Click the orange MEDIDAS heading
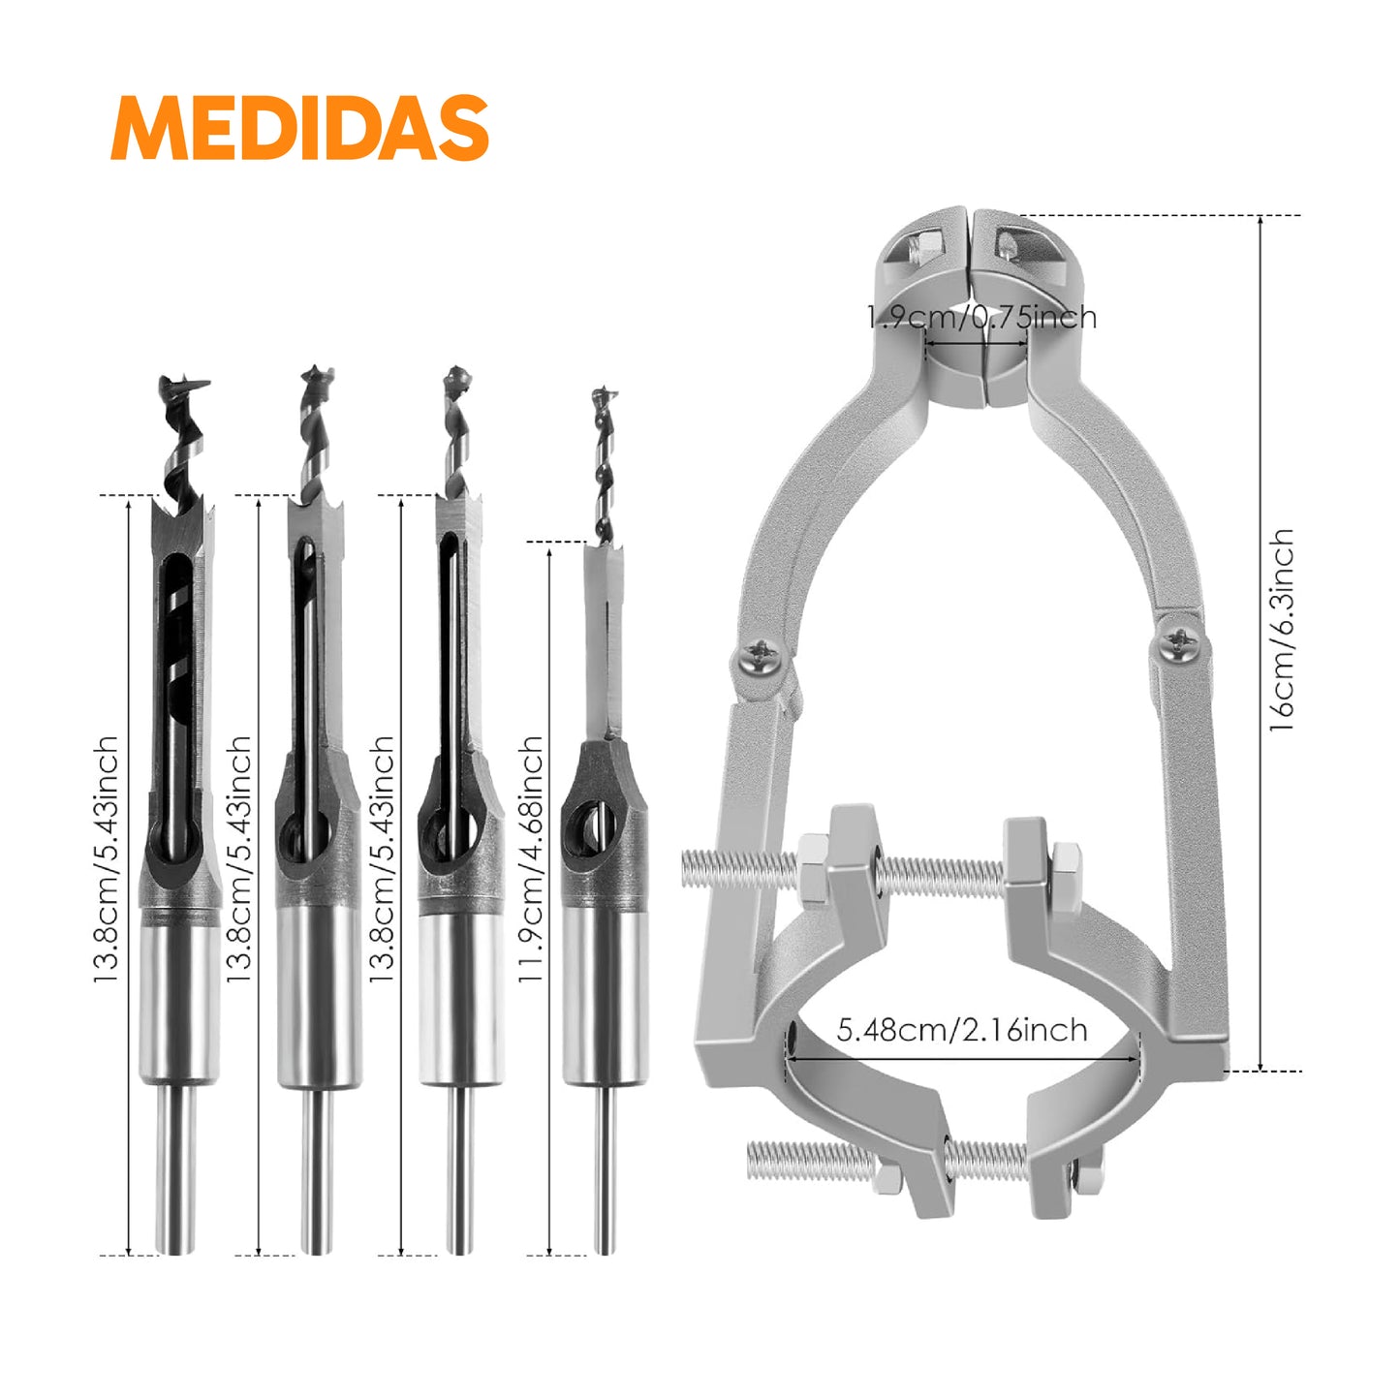[298, 127]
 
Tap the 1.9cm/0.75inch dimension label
[981, 318]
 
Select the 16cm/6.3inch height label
[1283, 630]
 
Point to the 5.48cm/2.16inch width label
[962, 1030]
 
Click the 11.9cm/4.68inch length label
[530, 858]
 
